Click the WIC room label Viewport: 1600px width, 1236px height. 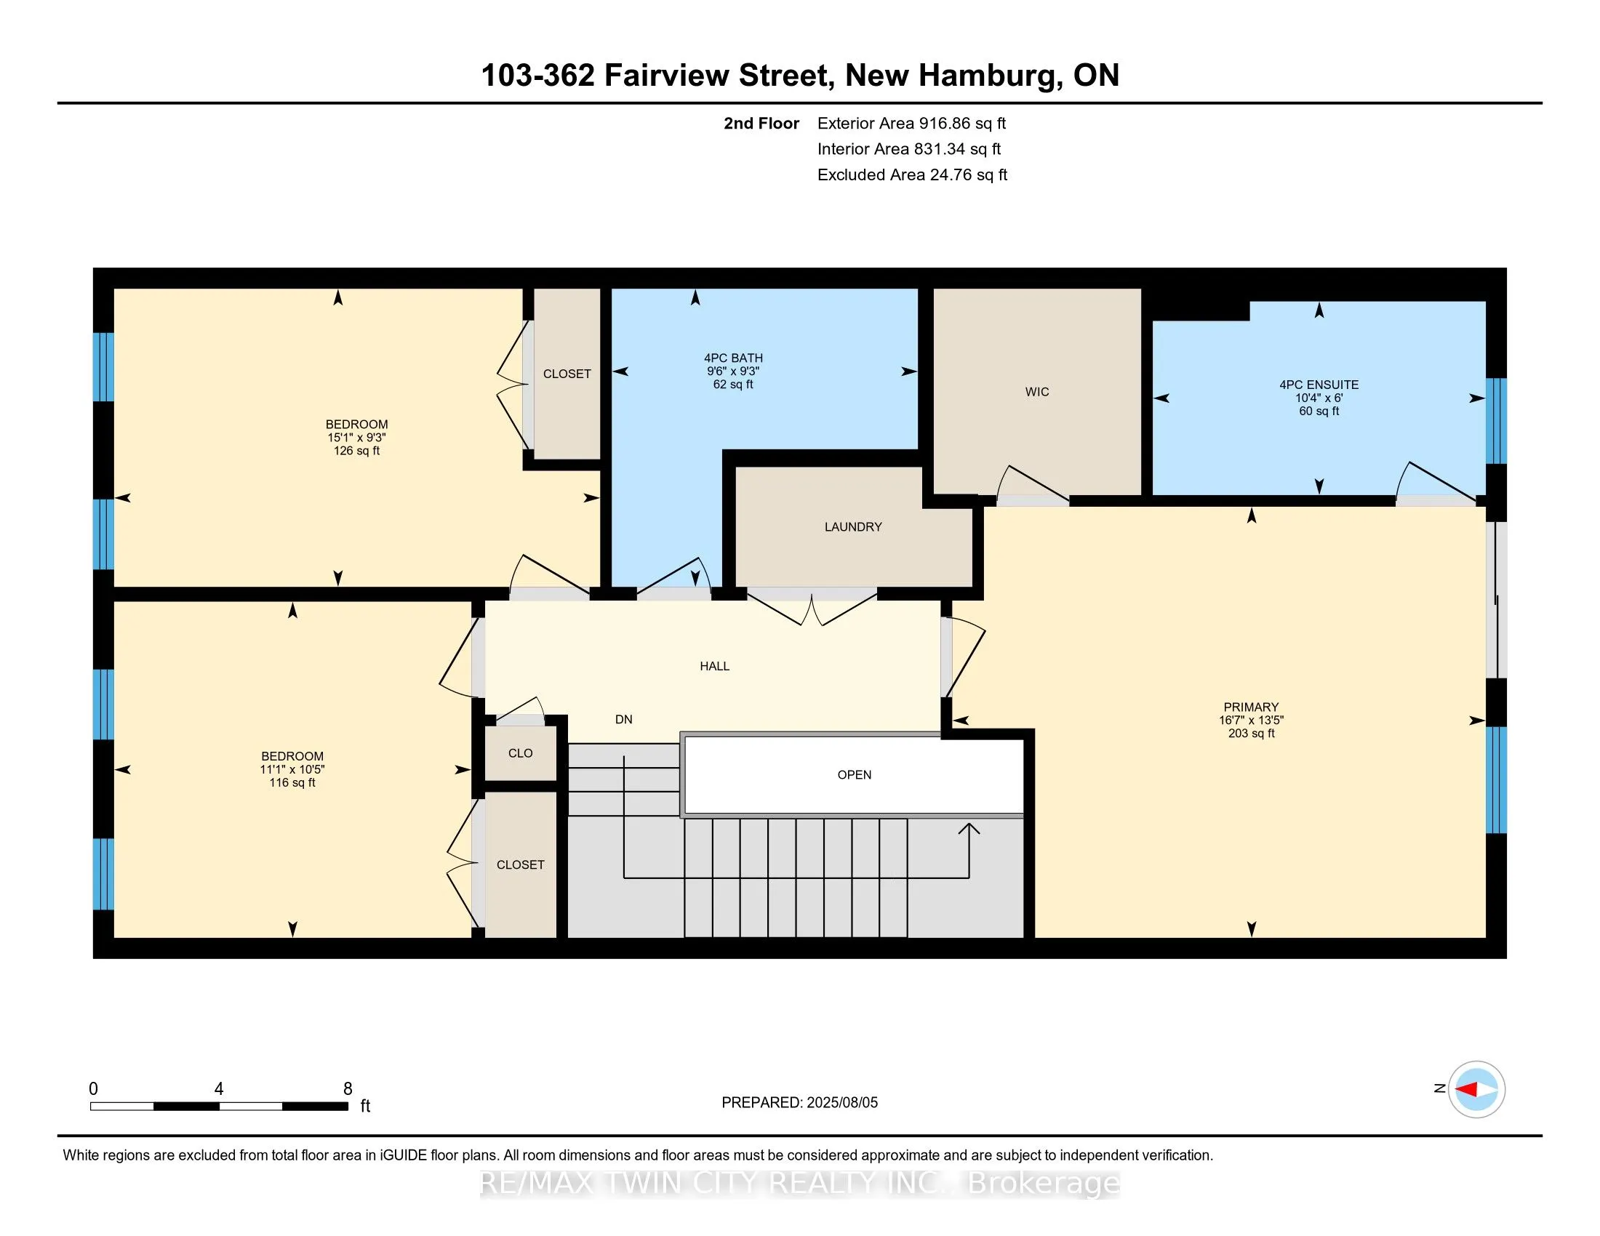point(1036,392)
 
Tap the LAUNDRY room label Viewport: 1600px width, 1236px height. point(853,526)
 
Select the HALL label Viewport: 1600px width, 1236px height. point(714,665)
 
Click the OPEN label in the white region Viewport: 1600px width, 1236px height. point(855,775)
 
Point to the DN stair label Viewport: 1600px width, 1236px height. point(623,719)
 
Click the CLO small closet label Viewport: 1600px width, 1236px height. point(520,753)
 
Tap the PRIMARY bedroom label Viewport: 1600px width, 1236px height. point(1251,707)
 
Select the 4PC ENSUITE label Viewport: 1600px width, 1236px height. point(1319,385)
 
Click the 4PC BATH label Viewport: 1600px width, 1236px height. point(733,358)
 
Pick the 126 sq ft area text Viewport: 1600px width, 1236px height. point(357,450)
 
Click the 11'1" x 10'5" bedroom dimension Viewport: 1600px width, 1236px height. point(292,769)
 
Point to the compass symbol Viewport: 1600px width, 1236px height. point(1476,1089)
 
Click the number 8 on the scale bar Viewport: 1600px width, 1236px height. point(347,1089)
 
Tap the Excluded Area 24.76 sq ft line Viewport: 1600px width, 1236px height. point(912,175)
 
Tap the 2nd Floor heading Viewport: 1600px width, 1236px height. point(761,123)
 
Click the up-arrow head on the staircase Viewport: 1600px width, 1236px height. point(969,829)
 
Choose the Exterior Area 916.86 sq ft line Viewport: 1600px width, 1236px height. point(911,123)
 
